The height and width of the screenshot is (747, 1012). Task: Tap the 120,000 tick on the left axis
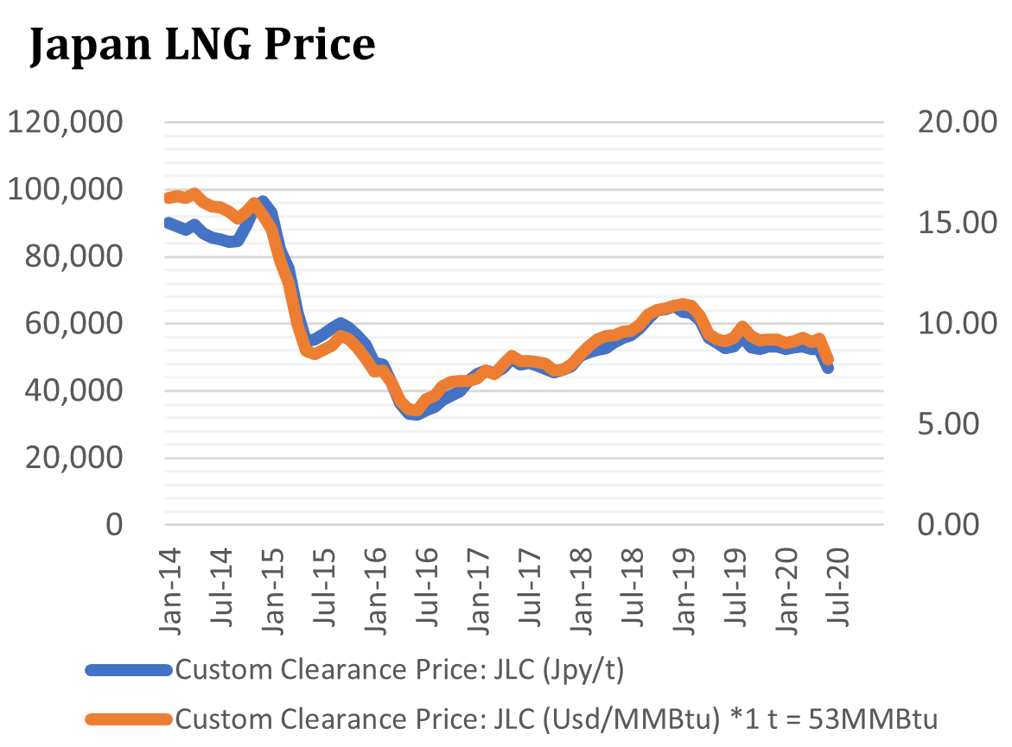[x=66, y=122]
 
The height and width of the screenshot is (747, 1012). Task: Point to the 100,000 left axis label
[x=66, y=189]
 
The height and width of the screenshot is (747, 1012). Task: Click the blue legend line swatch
[x=130, y=669]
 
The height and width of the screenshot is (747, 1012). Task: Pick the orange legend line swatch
[x=130, y=717]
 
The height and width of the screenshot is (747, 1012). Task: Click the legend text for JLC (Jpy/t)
[x=399, y=669]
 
